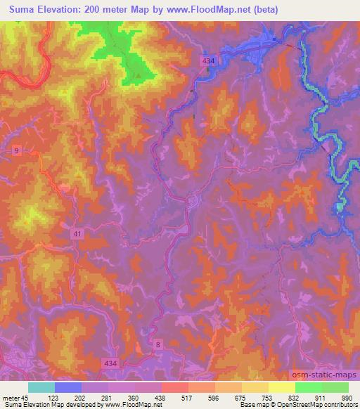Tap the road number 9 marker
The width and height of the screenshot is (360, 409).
point(16,150)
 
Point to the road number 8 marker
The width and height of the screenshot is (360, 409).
point(158,344)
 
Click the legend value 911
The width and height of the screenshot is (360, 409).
point(321,397)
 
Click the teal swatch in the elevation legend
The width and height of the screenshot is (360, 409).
point(41,387)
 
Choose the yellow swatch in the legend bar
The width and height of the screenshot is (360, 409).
point(281,387)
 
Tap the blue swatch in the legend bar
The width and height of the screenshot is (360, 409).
point(68,387)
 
